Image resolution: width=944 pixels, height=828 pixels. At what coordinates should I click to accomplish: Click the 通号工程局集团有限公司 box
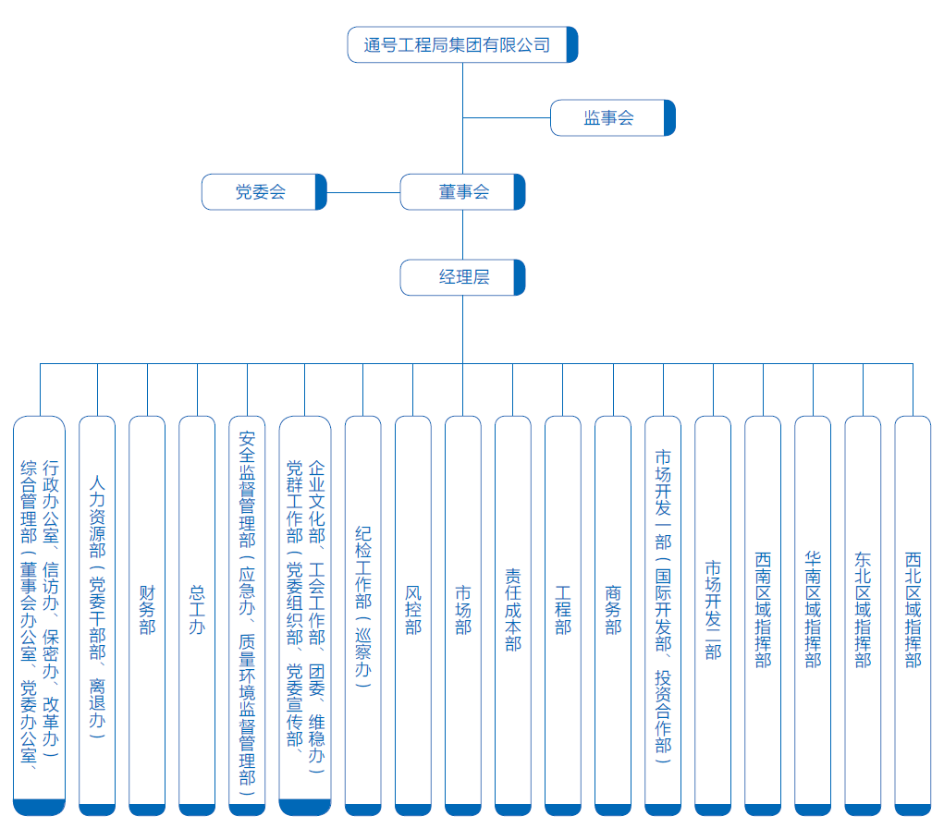point(462,44)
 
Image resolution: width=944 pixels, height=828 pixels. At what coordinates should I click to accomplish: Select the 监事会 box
point(613,118)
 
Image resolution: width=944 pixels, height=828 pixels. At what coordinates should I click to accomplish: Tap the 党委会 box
point(264,192)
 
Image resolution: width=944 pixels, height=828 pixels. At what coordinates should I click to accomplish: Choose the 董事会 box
point(462,192)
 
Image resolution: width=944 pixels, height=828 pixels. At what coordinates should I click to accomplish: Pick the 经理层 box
point(462,277)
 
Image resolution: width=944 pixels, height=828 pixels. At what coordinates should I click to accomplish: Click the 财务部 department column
point(147,615)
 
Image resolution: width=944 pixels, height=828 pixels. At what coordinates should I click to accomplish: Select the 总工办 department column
point(197,615)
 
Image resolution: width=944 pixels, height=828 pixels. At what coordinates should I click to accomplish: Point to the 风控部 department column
point(413,615)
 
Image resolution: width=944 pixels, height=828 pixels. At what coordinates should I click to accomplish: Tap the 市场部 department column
point(463,615)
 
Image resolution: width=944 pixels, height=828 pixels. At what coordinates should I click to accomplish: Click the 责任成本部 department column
point(513,615)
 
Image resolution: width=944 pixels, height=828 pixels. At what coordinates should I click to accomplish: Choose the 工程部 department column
point(563,615)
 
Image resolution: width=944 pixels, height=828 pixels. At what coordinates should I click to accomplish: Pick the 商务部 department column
point(613,615)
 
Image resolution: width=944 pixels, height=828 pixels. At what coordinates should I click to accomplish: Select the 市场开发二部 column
point(713,615)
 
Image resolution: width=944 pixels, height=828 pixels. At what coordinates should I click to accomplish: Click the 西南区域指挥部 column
point(763,615)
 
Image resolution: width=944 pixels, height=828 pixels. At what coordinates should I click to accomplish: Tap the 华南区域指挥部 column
point(813,615)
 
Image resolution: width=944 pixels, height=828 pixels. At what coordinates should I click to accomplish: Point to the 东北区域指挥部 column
point(863,615)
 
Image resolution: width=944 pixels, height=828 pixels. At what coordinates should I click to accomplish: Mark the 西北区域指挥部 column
point(913,615)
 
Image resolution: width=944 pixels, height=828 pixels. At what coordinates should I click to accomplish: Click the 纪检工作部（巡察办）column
point(363,615)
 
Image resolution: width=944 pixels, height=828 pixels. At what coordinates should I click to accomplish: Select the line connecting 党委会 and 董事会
point(363,192)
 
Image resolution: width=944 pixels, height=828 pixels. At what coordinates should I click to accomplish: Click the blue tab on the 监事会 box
point(669,118)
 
